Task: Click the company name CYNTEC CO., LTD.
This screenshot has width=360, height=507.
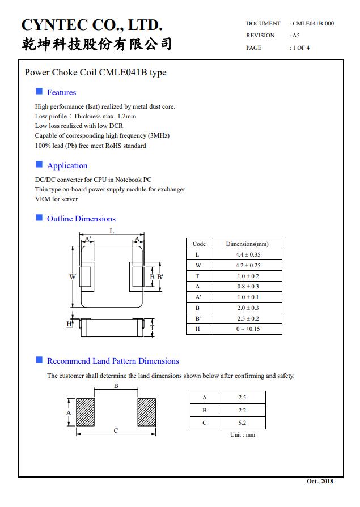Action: click(92, 25)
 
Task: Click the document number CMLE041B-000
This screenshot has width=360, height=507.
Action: click(313, 24)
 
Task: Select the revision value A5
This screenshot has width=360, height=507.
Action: click(296, 36)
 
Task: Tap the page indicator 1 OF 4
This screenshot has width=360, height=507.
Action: click(300, 48)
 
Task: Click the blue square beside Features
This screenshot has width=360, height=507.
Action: click(39, 92)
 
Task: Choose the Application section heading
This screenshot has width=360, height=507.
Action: click(67, 165)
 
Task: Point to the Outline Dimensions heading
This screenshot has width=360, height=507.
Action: click(81, 219)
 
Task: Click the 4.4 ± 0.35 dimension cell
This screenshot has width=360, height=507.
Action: click(248, 255)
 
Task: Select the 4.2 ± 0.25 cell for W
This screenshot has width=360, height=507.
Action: click(248, 265)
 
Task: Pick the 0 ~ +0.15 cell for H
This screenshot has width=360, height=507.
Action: click(248, 329)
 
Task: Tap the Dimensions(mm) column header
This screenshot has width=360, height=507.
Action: click(247, 244)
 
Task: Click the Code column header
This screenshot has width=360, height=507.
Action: click(199, 244)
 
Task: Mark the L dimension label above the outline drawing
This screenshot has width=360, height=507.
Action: click(112, 231)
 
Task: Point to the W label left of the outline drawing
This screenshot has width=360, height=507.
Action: click(73, 276)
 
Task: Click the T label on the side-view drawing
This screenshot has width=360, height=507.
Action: click(152, 328)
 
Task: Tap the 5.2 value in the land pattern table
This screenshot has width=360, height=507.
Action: click(243, 423)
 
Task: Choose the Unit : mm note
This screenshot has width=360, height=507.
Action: click(243, 435)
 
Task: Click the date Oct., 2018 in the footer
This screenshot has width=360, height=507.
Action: click(320, 482)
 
